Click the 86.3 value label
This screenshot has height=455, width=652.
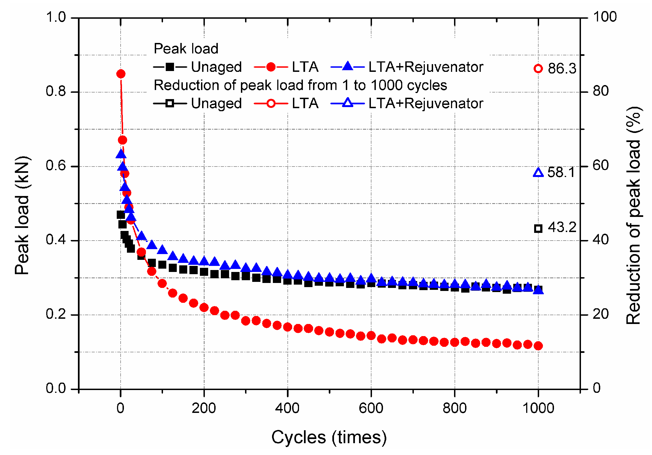(562, 69)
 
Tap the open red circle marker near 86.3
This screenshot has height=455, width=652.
(538, 69)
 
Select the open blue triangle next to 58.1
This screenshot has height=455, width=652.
(538, 173)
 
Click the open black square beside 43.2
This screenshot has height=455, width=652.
(538, 228)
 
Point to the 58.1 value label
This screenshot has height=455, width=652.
(561, 173)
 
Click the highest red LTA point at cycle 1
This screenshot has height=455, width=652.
(121, 74)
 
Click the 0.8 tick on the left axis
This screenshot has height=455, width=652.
(56, 92)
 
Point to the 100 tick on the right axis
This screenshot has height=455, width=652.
(605, 17)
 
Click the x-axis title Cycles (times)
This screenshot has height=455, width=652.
(329, 437)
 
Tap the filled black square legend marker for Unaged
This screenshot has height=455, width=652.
(170, 67)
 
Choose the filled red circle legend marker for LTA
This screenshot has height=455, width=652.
(271, 67)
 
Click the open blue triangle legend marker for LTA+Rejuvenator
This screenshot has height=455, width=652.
(347, 103)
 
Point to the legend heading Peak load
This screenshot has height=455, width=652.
(186, 49)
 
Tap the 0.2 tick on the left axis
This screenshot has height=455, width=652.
(56, 314)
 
